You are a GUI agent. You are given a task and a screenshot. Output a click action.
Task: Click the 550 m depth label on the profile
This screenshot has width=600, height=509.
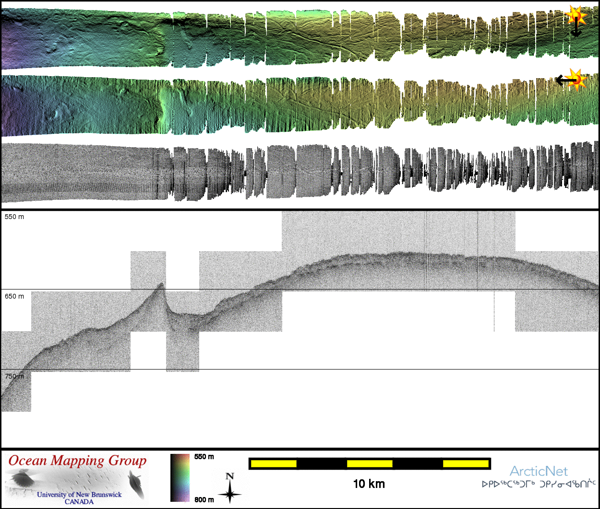click(14, 217)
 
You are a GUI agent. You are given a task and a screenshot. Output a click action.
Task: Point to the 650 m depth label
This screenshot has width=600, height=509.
click(14, 296)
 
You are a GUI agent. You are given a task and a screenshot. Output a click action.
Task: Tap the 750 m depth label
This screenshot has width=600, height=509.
click(14, 376)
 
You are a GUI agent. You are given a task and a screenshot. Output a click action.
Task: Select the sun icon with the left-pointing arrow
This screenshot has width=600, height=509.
click(571, 80)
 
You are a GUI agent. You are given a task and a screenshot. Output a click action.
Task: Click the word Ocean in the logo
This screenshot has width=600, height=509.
click(28, 461)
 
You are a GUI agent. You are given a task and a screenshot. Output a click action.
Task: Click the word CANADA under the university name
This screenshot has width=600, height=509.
click(79, 502)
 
